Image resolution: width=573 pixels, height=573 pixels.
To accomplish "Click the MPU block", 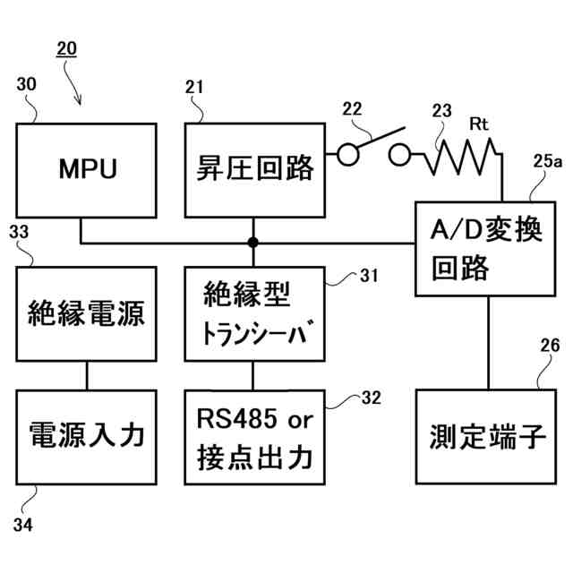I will coord(88,170).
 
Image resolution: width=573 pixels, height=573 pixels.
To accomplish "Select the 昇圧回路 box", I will coord(254,170).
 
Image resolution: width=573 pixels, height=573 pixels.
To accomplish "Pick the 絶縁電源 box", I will coord(87,314).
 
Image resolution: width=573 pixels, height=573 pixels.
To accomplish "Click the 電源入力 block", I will coord(87,435).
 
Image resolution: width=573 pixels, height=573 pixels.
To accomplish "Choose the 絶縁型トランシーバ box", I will coord(254,314).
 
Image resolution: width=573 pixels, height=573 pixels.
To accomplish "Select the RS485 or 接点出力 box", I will coord(254,435).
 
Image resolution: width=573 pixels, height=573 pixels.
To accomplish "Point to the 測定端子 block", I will coord(487,435).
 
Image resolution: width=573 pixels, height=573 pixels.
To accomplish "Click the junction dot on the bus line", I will coord(253,243).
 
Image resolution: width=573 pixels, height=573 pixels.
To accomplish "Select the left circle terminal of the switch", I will coord(347,157).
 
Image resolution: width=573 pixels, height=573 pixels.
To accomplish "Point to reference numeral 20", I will coord(66,48).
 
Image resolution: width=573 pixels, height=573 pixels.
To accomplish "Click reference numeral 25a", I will coord(548,161).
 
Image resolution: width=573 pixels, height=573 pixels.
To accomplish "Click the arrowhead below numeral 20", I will coord(81,101).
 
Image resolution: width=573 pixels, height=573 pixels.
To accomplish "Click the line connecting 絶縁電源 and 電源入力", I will coord(87,375).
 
